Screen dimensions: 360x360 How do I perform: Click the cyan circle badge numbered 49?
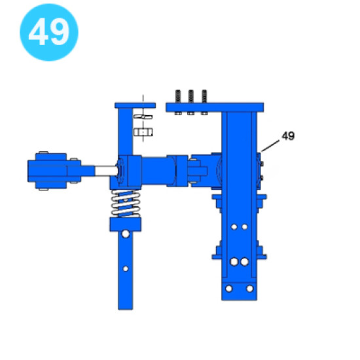point(49,32)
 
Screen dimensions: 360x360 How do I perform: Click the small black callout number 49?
point(288,135)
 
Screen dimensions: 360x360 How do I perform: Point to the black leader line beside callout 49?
point(270,146)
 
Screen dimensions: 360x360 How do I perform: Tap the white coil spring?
point(126,204)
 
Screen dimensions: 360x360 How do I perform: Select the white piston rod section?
point(106,171)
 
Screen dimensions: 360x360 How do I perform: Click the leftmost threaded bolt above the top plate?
point(178,96)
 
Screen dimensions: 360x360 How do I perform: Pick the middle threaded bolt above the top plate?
point(190,96)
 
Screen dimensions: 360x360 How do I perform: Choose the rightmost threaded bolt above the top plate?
point(204,96)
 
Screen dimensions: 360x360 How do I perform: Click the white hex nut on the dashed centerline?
point(143,132)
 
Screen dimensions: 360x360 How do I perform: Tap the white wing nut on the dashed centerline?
point(143,117)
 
